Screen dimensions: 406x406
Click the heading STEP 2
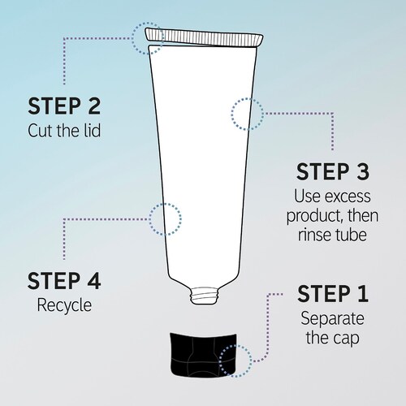64,106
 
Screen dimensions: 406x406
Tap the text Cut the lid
64,131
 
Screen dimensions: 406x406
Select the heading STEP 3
333,171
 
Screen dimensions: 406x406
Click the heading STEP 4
64,281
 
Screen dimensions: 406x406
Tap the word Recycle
64,306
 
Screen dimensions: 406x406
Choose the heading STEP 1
333,293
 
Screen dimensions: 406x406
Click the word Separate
332,318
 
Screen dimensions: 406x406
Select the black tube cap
204,355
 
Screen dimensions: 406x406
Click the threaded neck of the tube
205,296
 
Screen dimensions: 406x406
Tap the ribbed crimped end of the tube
204,37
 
